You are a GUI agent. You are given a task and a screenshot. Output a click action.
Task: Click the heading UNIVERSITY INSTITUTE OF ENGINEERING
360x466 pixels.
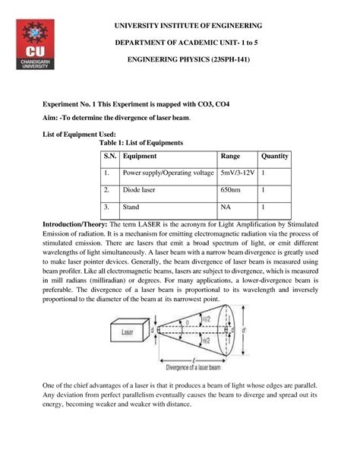199,25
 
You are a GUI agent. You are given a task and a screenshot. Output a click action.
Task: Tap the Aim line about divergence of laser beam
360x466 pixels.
116,119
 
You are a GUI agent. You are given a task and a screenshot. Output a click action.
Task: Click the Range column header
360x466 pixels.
231,157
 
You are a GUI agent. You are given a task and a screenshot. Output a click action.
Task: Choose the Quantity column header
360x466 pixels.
275,157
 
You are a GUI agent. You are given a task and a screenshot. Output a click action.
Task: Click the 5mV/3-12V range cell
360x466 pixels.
237,173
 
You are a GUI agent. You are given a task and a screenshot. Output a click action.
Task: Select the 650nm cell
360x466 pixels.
231,190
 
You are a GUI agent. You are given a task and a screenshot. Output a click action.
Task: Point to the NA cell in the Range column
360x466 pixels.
226,207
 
